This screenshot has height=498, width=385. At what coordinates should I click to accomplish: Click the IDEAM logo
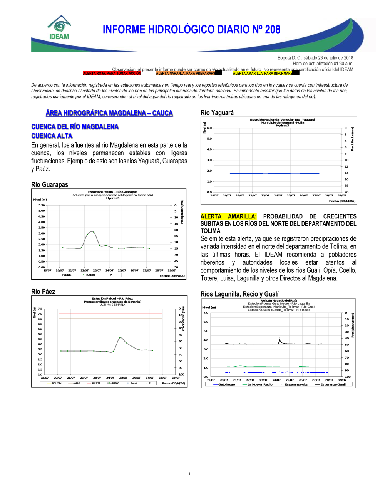[x=59, y=28]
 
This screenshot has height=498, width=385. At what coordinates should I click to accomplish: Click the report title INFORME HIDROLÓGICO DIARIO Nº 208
[x=191, y=30]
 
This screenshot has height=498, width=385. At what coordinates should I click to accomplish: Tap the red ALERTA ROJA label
[x=112, y=73]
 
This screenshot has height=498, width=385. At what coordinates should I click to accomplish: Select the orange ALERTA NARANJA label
[x=186, y=73]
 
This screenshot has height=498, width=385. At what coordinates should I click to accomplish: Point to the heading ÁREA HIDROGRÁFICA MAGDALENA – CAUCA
[x=109, y=113]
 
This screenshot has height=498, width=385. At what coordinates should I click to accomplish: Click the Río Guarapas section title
[x=49, y=184]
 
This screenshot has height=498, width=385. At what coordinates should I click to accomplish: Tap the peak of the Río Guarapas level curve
[x=92, y=231]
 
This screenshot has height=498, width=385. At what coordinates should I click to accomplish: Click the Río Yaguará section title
[x=217, y=112]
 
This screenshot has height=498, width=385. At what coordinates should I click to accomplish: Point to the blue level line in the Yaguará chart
[x=274, y=173]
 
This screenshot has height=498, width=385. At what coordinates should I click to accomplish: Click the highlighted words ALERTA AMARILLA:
[x=228, y=216]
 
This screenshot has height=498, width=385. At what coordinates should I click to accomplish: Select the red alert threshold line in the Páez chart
[x=110, y=314]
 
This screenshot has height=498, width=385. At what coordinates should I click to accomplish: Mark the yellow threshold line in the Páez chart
[x=110, y=324]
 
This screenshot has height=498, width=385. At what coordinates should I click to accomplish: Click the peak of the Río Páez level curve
[x=121, y=338]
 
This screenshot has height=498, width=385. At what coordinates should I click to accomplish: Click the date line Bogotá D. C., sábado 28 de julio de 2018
[x=315, y=58]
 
